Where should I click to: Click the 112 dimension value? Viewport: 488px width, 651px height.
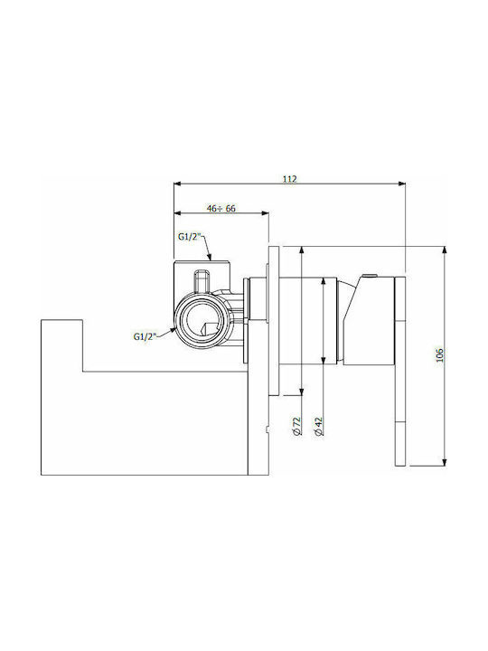point(290,179)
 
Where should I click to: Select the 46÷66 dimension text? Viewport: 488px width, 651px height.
point(221,209)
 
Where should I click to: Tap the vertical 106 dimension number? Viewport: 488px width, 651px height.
point(440,355)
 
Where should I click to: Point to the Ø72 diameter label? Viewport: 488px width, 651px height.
point(296,427)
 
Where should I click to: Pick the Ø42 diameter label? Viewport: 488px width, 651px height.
point(319,427)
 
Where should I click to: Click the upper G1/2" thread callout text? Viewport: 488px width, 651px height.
point(189,237)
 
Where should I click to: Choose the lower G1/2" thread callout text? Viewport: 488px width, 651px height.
point(145,336)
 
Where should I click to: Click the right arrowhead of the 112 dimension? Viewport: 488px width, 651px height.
point(401,184)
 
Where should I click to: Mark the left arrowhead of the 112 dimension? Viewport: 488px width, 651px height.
point(178,184)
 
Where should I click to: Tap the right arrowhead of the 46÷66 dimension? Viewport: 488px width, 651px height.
point(264,213)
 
